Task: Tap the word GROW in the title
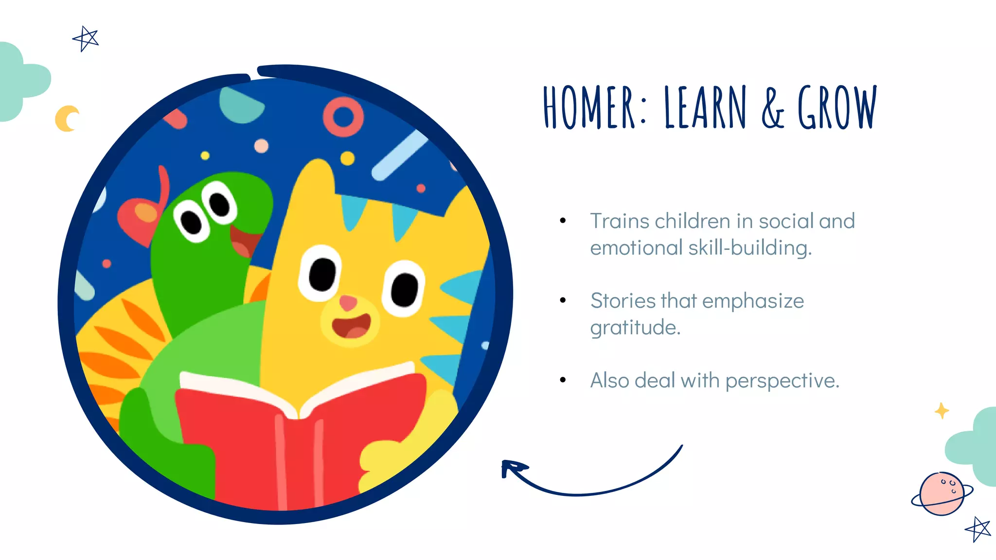click(837, 107)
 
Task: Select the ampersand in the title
click(773, 108)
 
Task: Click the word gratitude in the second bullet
click(635, 328)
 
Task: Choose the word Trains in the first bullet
click(620, 221)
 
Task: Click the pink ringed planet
click(942, 493)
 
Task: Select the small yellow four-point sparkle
click(942, 411)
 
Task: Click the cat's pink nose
click(348, 302)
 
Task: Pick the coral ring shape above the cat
click(343, 117)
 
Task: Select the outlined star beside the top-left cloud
click(86, 38)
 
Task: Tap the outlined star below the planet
click(978, 529)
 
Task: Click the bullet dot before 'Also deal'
click(563, 380)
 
